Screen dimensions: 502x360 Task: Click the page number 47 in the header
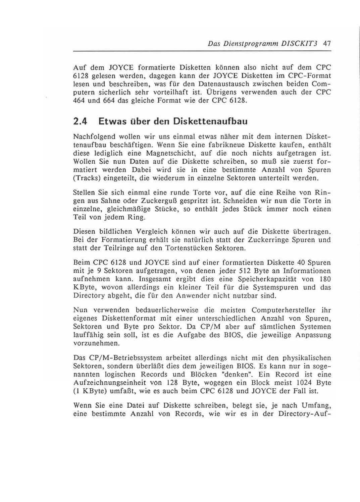point(327,44)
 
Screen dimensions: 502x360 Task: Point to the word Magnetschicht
point(171,153)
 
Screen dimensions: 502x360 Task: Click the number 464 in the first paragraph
point(80,100)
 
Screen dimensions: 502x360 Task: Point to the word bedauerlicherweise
point(166,310)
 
